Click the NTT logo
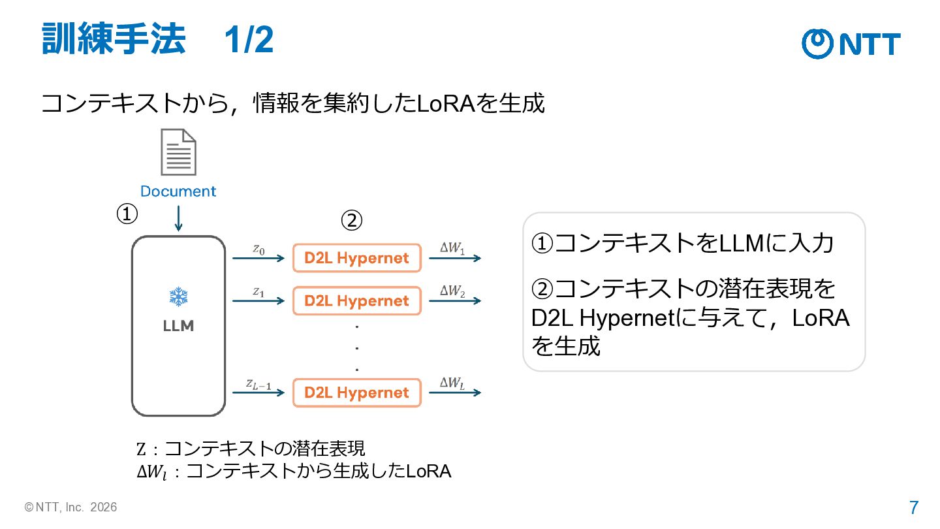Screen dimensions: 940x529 click(851, 44)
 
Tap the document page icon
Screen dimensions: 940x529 click(178, 152)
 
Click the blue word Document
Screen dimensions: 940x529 click(178, 191)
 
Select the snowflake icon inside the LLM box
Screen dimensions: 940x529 click(178, 297)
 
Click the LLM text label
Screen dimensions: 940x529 click(178, 326)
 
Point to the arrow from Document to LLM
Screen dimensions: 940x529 click(178, 218)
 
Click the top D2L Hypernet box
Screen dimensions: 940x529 click(356, 258)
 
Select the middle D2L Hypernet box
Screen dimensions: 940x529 click(356, 300)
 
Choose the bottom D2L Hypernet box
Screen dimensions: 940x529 click(356, 393)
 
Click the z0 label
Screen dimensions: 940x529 click(258, 249)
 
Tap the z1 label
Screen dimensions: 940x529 click(258, 292)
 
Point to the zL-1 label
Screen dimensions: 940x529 click(258, 384)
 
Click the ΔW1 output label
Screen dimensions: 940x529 click(452, 248)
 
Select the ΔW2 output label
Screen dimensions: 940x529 click(452, 291)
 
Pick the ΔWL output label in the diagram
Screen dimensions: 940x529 click(452, 383)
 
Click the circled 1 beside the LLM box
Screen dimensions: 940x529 click(127, 214)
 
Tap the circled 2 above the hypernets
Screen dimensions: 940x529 click(352, 221)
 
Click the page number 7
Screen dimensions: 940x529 click(914, 507)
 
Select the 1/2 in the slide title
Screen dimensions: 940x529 click(249, 40)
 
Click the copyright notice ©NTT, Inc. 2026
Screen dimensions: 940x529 click(70, 507)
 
